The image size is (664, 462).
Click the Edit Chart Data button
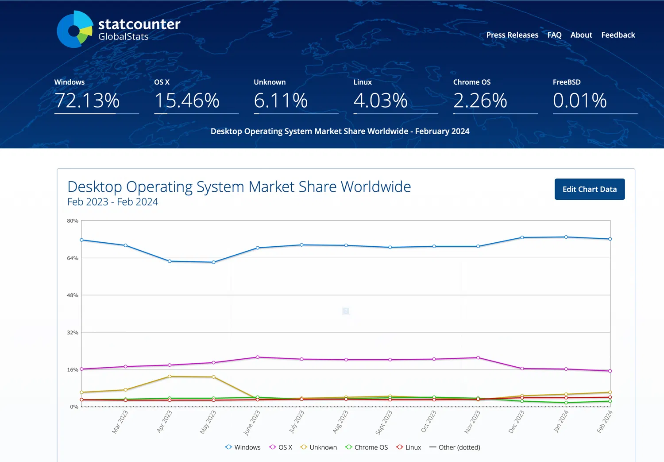click(589, 189)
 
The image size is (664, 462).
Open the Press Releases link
click(512, 35)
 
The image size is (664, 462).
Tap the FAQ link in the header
click(554, 35)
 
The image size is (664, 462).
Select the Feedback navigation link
click(618, 35)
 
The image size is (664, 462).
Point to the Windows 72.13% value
click(87, 101)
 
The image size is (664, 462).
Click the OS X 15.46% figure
click(187, 101)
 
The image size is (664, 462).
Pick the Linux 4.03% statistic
click(380, 101)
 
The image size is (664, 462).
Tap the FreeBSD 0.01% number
click(579, 101)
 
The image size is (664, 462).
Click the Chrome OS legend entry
click(367, 447)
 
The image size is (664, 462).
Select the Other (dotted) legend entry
click(455, 447)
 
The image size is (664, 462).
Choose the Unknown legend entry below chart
click(319, 447)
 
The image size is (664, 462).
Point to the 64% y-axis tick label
click(73, 258)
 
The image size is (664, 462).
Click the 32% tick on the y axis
click(73, 333)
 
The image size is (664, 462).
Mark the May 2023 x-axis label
click(208, 422)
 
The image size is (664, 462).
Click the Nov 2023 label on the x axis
click(472, 422)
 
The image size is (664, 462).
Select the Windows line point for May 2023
click(214, 262)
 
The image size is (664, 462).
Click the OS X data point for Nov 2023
click(478, 357)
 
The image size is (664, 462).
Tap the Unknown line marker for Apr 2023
click(170, 377)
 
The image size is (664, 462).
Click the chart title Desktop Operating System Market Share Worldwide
click(239, 187)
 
